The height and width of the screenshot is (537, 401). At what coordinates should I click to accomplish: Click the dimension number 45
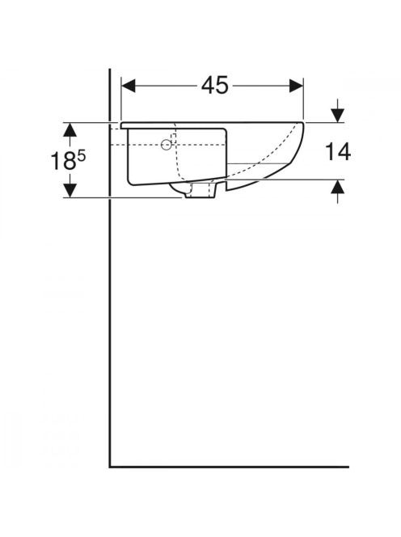pyautogui.click(x=214, y=85)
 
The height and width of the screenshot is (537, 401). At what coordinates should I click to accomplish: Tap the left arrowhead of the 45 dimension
pyautogui.click(x=129, y=86)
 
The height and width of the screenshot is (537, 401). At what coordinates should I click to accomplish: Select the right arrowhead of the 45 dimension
pyautogui.click(x=296, y=86)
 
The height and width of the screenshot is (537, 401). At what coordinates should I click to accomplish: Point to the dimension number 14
pyautogui.click(x=338, y=152)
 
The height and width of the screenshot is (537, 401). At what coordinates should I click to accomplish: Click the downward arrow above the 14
pyautogui.click(x=338, y=111)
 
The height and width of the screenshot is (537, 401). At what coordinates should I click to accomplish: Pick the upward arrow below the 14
pyautogui.click(x=338, y=192)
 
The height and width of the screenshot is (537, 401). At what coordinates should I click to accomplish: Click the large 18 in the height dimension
pyautogui.click(x=63, y=161)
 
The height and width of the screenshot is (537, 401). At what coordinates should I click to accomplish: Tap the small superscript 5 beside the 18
pyautogui.click(x=82, y=156)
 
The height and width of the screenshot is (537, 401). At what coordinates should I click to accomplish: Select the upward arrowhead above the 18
pyautogui.click(x=70, y=129)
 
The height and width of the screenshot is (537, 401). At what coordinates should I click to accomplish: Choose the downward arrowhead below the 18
pyautogui.click(x=70, y=190)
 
